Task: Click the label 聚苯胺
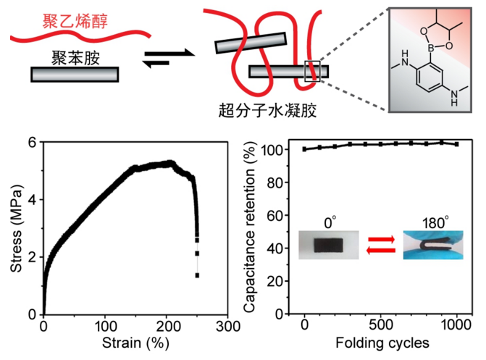click(x=74, y=58)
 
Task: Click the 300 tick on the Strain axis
click(x=230, y=325)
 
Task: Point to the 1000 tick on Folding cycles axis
click(x=456, y=325)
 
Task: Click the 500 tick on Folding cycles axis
click(x=380, y=325)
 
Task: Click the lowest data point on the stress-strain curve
click(x=197, y=275)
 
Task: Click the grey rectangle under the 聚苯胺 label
click(x=75, y=74)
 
